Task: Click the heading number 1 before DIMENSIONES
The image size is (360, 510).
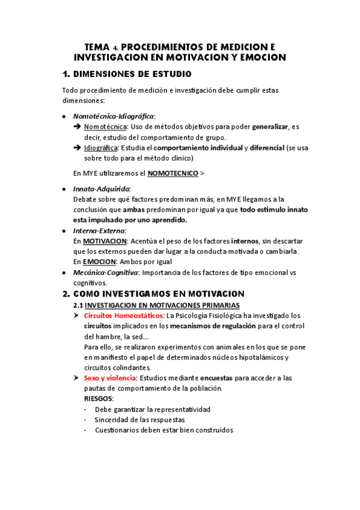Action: point(66,74)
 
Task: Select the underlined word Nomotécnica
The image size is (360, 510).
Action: point(105,127)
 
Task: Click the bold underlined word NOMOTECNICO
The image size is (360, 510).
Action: point(172,173)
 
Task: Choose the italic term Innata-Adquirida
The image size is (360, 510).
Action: point(101,189)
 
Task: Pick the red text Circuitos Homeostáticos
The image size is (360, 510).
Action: point(123,315)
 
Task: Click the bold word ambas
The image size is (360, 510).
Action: point(133,210)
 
